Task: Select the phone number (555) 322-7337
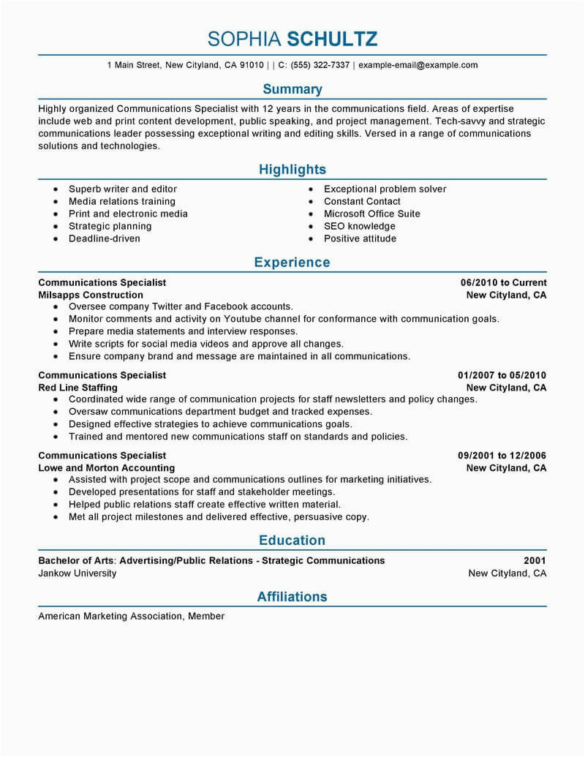point(320,65)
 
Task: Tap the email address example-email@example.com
point(418,65)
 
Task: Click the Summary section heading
point(292,89)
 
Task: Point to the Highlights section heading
point(292,170)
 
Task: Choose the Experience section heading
point(292,263)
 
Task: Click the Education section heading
point(292,541)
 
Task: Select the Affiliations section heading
point(292,597)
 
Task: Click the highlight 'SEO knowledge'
point(359,226)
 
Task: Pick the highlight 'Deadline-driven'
point(105,238)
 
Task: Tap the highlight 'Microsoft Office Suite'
point(372,214)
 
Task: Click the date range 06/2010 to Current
point(504,282)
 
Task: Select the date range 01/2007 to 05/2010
point(498,375)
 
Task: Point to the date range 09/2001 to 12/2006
point(498,456)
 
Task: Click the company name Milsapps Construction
point(91,295)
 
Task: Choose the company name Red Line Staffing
point(78,388)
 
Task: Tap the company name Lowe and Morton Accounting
point(107,468)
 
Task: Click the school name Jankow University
point(78,573)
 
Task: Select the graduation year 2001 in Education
point(535,561)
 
